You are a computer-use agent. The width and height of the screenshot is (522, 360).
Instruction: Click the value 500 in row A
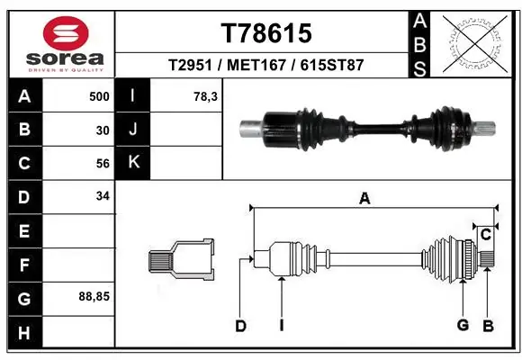tap(98, 96)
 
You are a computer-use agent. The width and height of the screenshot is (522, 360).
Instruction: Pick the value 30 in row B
tap(102, 130)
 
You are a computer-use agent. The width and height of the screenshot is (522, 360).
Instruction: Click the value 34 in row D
tap(102, 196)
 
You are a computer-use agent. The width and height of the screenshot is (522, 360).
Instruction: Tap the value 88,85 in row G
tap(94, 296)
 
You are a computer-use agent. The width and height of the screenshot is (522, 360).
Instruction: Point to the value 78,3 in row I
tap(206, 96)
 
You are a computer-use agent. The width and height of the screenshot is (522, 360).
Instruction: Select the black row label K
tap(133, 163)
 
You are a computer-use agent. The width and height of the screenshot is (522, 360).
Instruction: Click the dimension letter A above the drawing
tap(364, 200)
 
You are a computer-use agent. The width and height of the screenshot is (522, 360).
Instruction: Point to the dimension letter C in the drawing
tap(484, 235)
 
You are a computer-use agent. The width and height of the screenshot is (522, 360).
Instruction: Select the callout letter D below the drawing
tap(240, 327)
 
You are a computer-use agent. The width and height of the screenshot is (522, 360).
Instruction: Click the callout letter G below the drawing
tap(463, 325)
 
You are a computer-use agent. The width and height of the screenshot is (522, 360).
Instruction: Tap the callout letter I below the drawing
tap(281, 327)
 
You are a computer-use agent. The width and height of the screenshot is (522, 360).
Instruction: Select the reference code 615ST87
tap(333, 66)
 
